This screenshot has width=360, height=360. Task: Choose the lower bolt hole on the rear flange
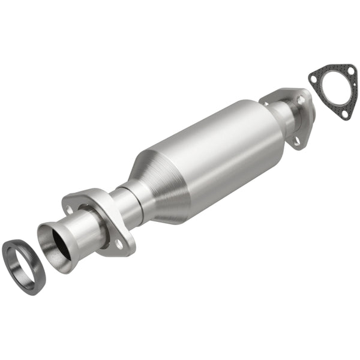point(296,142)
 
